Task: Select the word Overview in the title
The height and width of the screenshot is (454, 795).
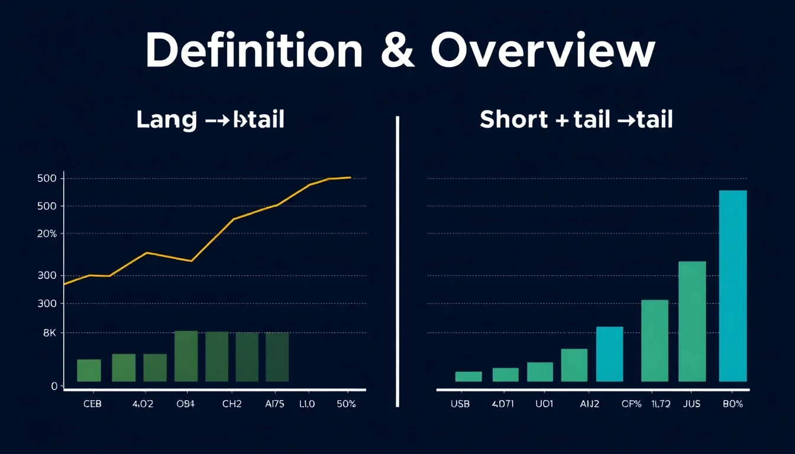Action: pos(542,51)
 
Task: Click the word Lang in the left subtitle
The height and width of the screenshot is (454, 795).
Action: pos(166,120)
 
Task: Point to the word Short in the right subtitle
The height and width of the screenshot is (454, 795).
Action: pos(513,120)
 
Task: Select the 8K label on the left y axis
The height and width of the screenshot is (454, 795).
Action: pos(50,333)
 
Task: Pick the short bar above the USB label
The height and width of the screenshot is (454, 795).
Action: pos(468,376)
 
